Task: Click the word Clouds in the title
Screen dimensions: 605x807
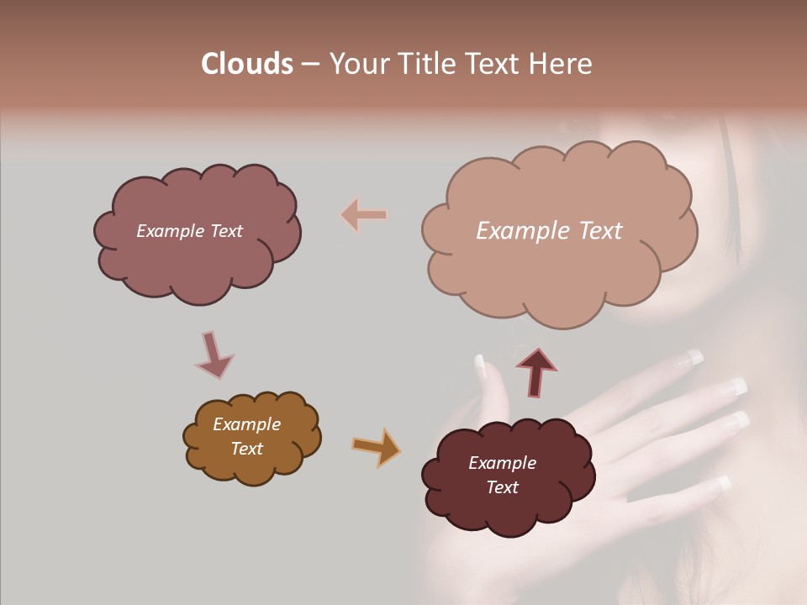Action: coord(247,64)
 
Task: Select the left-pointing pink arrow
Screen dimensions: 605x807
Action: coord(364,215)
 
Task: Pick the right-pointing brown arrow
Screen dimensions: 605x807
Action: coord(376,446)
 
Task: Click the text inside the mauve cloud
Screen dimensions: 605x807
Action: coord(189,231)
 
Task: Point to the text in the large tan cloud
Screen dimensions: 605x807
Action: coord(549,231)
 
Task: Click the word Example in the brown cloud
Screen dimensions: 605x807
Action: coord(246,424)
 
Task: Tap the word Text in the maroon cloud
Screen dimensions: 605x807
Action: coord(502,487)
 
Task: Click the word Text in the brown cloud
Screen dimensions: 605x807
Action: coord(246,449)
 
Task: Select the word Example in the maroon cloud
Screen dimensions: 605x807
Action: coord(502,463)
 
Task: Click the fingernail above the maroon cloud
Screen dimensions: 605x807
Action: coord(481,366)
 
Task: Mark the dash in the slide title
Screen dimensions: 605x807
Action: coord(309,65)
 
